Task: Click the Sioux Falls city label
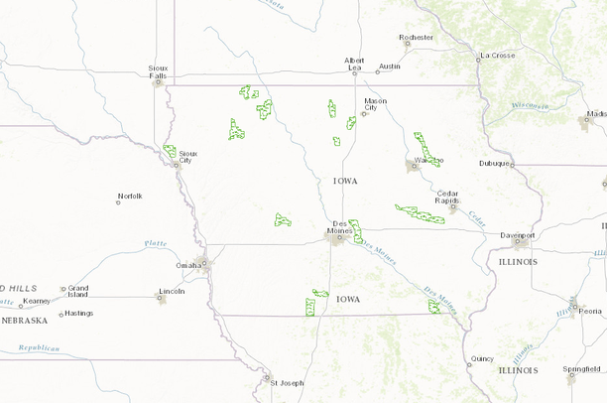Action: [x=157, y=71]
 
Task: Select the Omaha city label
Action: [x=186, y=265]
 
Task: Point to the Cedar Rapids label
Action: [x=447, y=196]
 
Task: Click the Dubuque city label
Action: [x=493, y=163]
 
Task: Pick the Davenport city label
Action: [x=517, y=235]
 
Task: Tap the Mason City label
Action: [x=375, y=103]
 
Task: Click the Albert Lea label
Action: [x=354, y=64]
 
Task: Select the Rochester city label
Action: [x=417, y=38]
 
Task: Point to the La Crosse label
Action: [x=498, y=56]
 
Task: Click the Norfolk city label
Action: [x=130, y=196]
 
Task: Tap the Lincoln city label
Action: [x=172, y=291]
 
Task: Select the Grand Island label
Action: [x=77, y=291]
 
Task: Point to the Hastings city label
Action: [x=78, y=314]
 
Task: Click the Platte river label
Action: [x=156, y=242]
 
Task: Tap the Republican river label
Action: [x=39, y=348]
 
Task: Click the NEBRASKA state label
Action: [x=24, y=321]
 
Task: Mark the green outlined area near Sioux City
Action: [x=171, y=153]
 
